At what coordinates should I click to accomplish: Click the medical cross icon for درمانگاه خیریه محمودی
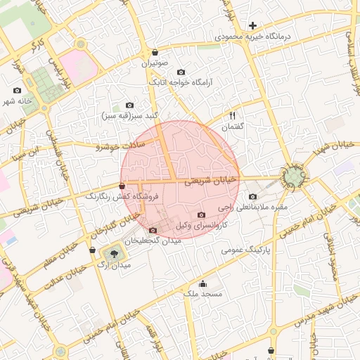[x=253, y=26]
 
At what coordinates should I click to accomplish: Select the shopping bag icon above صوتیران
[x=155, y=53]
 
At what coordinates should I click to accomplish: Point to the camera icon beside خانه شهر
[x=18, y=91]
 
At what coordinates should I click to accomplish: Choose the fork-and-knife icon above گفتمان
[x=232, y=115]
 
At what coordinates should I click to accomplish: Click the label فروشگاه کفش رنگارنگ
[x=122, y=197]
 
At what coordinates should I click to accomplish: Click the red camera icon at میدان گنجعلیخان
[x=153, y=230]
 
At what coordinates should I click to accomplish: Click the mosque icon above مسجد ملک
[x=203, y=284]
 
